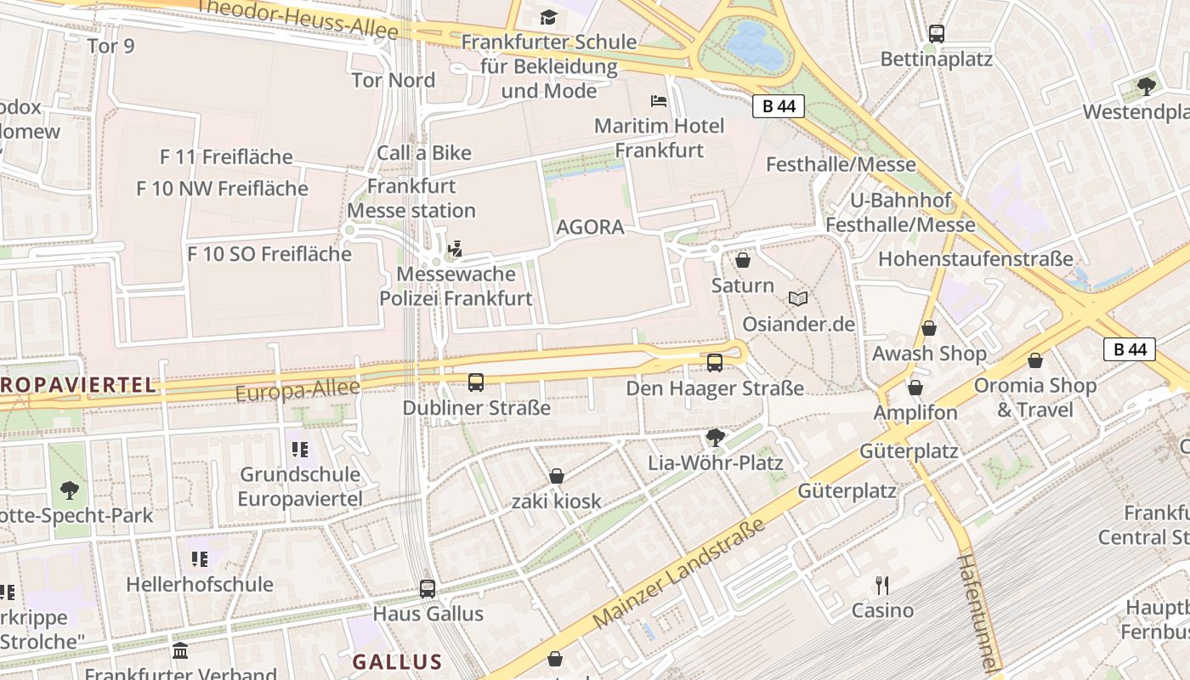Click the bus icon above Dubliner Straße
(x=476, y=382)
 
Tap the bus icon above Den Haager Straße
(x=715, y=363)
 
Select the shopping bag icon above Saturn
(x=743, y=260)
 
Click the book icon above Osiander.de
(x=797, y=298)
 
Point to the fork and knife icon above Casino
(x=882, y=585)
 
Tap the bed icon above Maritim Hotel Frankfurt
(x=659, y=100)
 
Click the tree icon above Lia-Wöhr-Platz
(x=715, y=438)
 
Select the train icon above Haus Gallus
(x=428, y=588)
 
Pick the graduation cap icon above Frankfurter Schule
(x=548, y=17)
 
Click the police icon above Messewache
(x=456, y=248)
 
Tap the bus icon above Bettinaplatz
(x=936, y=34)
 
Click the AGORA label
(x=590, y=227)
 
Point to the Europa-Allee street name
(x=297, y=391)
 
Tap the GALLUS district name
(x=397, y=662)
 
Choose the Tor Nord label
(x=394, y=80)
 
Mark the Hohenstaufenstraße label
(x=975, y=258)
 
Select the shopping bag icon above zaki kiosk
(x=557, y=476)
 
